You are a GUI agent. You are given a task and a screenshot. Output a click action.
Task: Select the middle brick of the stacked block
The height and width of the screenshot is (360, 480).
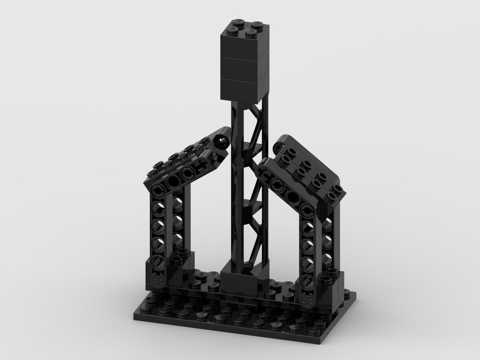pyautogui.click(x=242, y=70)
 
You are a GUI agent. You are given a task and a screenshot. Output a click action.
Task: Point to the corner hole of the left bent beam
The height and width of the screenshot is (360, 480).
pyautogui.click(x=157, y=190)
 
